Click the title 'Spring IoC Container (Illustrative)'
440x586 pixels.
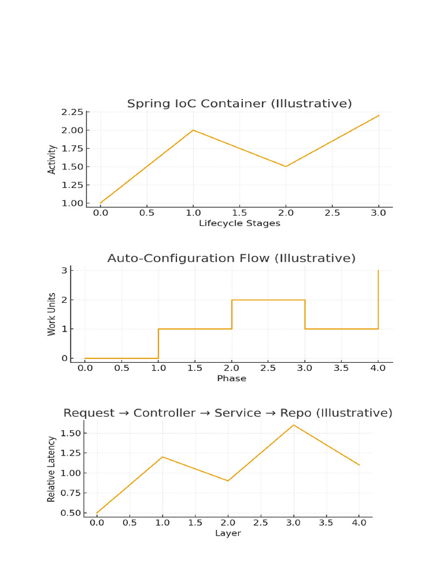coord(239,104)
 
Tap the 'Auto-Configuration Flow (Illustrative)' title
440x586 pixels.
coord(231,258)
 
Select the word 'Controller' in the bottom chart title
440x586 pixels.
coord(164,413)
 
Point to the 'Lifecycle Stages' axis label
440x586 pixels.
coord(239,224)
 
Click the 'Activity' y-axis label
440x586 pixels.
coord(52,160)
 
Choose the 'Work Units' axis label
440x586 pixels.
coord(52,314)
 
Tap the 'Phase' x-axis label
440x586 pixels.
coord(231,378)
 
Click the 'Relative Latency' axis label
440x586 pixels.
coord(51,469)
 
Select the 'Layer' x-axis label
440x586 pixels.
coord(228,533)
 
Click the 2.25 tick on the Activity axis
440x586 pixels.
coord(72,112)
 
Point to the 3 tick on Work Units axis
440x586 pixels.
coord(64,270)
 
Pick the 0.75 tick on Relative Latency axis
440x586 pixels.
coord(70,493)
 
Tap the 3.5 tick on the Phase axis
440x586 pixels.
coord(341,368)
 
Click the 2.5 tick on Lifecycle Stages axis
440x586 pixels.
coord(332,213)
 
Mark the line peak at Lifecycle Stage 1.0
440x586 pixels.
coord(193,130)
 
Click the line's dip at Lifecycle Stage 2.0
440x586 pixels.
coord(286,167)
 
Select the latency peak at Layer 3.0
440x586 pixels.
coord(293,425)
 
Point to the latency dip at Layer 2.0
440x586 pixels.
coord(228,481)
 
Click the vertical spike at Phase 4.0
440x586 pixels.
coord(378,299)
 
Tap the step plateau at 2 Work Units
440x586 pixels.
coord(268,300)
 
